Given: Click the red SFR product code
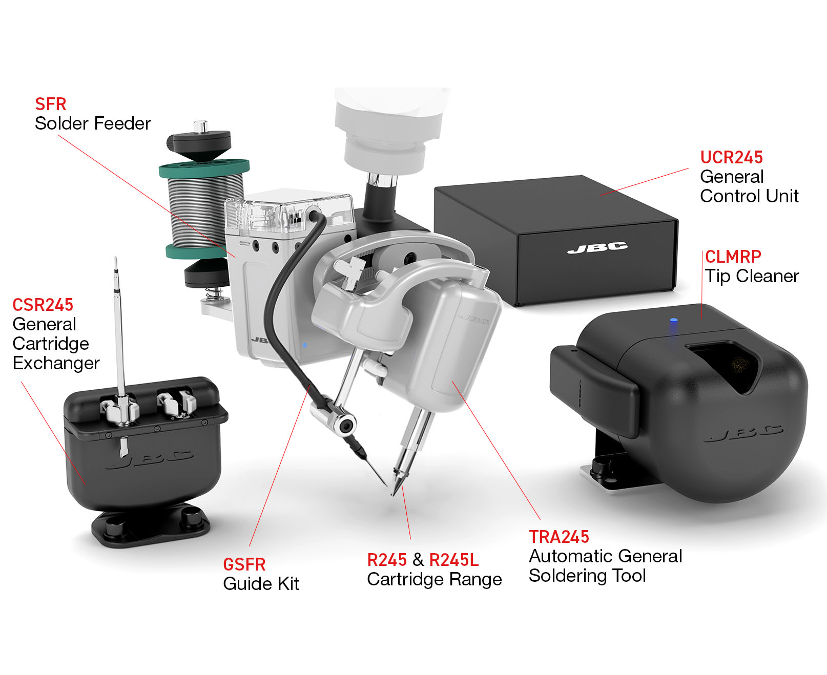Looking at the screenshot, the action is click(50, 104).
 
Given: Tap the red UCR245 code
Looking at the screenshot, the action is click(731, 157).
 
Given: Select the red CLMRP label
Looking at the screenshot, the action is click(733, 257).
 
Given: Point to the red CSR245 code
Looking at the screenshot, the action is click(43, 305).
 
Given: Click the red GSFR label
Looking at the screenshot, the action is click(244, 564).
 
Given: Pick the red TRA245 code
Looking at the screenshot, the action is click(559, 537).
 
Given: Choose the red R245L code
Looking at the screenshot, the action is click(453, 560).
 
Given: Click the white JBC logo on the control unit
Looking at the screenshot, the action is click(597, 248).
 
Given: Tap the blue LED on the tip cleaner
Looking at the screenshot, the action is click(673, 322).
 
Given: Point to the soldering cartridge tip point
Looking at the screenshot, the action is click(394, 494).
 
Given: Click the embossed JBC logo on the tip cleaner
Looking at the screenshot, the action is click(743, 434).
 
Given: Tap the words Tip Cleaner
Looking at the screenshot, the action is click(752, 277).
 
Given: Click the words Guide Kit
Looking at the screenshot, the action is click(261, 584).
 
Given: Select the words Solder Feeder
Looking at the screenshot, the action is click(93, 123).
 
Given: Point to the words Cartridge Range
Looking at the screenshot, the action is click(435, 579).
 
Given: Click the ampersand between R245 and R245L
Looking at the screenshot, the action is click(418, 560).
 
